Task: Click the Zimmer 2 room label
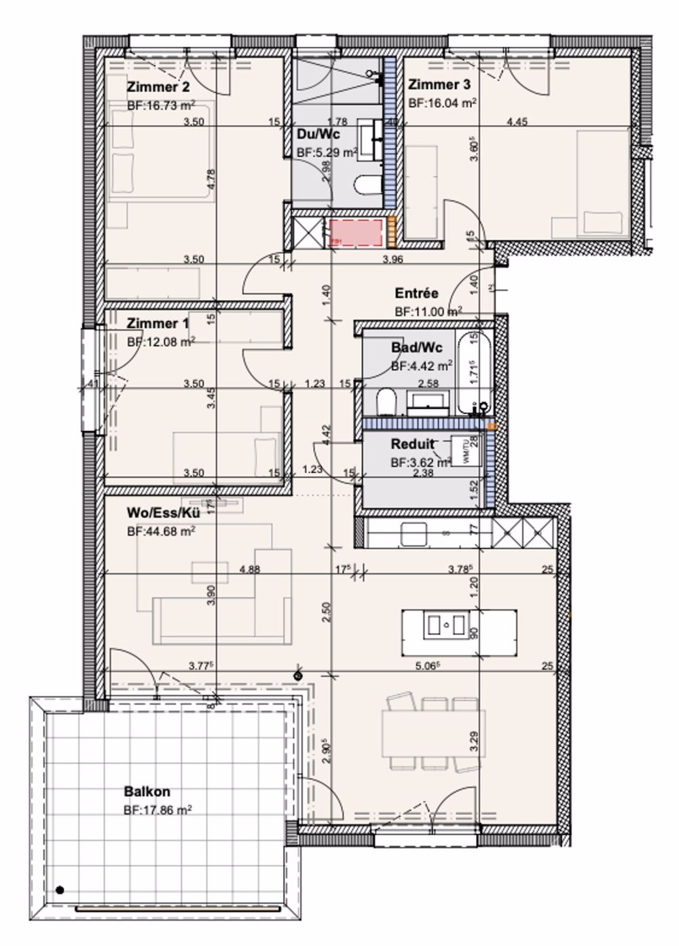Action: pyautogui.click(x=158, y=87)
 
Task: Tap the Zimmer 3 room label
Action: pyautogui.click(x=439, y=85)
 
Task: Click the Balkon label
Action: pyautogui.click(x=147, y=792)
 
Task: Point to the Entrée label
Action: pyautogui.click(x=416, y=294)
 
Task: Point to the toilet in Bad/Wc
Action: pyautogui.click(x=385, y=401)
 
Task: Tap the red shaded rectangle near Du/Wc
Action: pyautogui.click(x=357, y=232)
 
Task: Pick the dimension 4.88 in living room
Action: pyautogui.click(x=250, y=570)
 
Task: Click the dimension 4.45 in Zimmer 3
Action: pyautogui.click(x=517, y=122)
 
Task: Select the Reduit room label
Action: pyautogui.click(x=412, y=444)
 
